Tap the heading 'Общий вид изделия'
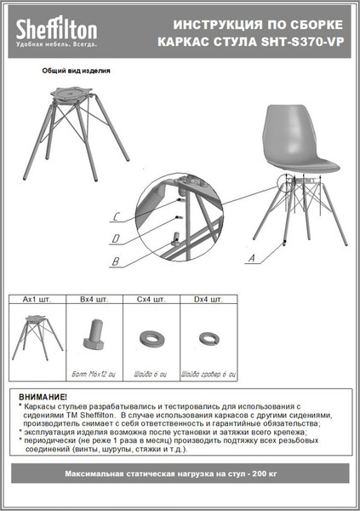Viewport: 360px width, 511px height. (76, 72)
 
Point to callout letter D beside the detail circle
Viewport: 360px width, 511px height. (116, 237)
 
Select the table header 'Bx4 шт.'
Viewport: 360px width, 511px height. (94, 300)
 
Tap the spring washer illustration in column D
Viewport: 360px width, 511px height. (209, 339)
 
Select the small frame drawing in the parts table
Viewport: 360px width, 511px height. (37, 336)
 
